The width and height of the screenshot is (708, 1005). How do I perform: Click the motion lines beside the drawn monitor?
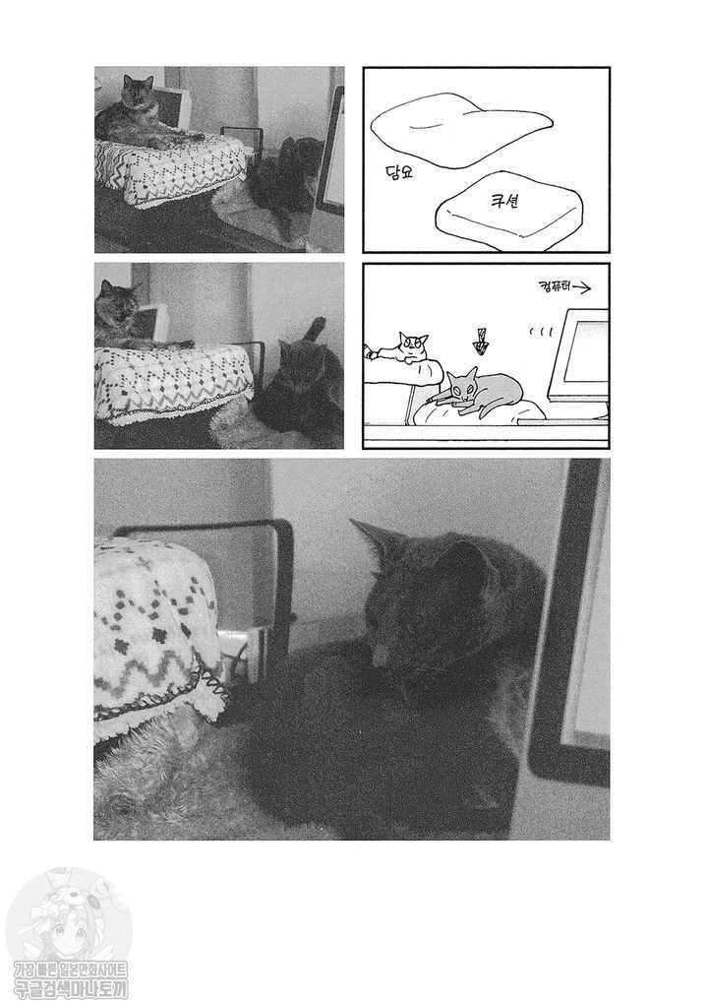point(536,332)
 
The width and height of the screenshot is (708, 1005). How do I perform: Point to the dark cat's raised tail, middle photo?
point(317,330)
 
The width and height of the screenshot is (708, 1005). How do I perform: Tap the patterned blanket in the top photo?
point(172,167)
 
